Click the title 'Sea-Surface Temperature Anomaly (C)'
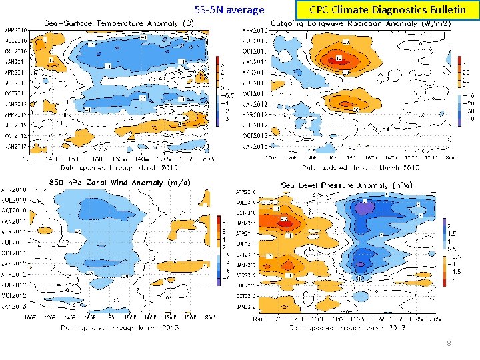(x=119, y=23)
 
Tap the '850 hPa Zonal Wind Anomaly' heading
(x=120, y=181)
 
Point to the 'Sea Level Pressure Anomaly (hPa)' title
(x=347, y=185)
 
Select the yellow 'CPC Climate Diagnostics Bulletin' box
(x=387, y=10)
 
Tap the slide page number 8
(x=449, y=343)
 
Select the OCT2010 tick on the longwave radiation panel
(x=256, y=51)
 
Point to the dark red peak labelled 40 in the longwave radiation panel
(x=339, y=58)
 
